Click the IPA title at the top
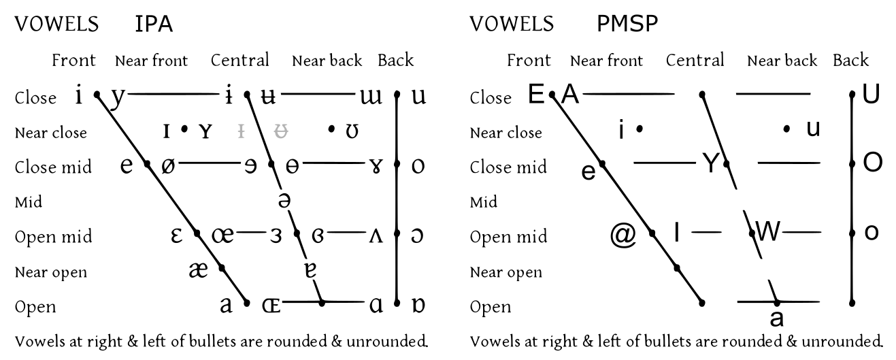pos(154,24)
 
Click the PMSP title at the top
pos(627,24)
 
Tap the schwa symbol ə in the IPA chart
pos(284,200)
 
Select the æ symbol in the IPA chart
pos(199,270)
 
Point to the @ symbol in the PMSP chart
pos(623,235)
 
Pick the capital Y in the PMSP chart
pos(711,163)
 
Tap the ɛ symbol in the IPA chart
pos(176,235)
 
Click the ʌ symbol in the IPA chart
pos(376,236)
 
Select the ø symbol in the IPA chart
pos(168,165)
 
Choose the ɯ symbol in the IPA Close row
pos(371,97)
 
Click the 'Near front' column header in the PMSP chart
pos(606,61)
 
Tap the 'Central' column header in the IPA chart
pos(240,60)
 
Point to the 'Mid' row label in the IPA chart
pos(29,202)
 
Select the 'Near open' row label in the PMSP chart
pos(506,272)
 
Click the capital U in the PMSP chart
pos(871,95)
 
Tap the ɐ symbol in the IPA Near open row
pos(310,270)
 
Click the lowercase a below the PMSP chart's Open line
pos(776,318)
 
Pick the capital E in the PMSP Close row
pos(536,95)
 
